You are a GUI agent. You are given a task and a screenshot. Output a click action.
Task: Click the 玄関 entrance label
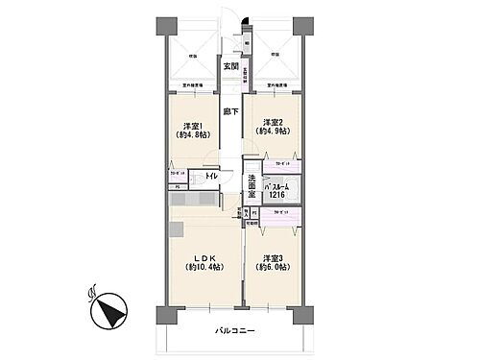(x=230, y=66)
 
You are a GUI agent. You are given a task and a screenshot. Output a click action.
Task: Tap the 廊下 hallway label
(x=230, y=111)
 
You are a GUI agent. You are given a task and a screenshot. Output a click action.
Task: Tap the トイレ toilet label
(x=210, y=176)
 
